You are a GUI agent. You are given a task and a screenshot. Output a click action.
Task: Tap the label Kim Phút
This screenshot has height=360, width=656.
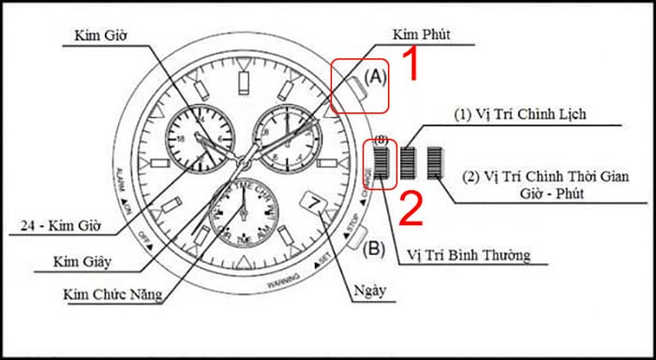[424, 35]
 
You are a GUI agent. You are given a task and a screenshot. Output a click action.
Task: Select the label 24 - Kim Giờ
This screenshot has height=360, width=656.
[66, 225]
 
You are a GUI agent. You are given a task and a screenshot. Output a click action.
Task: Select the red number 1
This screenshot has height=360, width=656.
[409, 67]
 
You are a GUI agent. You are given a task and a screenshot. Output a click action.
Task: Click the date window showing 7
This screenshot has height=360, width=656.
[314, 203]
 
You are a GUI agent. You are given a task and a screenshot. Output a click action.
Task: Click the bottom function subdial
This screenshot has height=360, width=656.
[243, 214]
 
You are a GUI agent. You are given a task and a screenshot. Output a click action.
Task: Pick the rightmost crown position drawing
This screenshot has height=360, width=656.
[435, 163]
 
